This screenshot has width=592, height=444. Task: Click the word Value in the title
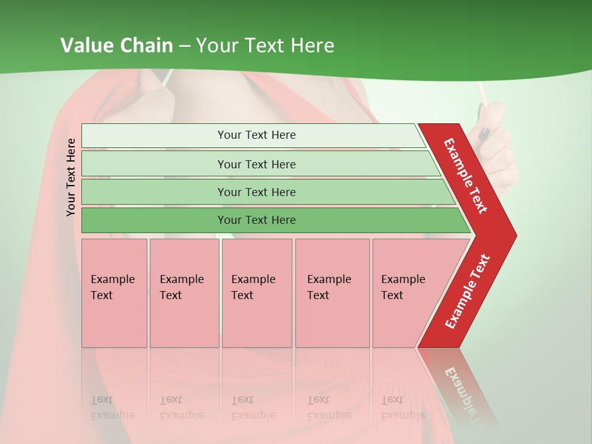[86, 46]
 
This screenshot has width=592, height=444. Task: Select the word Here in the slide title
[312, 46]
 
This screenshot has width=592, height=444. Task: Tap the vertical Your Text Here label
[71, 177]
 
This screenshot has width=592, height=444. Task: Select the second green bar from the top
[257, 164]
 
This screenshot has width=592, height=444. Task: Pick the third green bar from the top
[257, 192]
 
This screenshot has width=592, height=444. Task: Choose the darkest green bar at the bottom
[257, 220]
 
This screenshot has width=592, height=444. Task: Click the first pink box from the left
[114, 293]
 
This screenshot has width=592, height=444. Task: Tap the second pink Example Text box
[184, 293]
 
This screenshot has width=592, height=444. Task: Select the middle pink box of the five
[257, 293]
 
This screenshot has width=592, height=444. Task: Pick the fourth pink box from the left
[332, 293]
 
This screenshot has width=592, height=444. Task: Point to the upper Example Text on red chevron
[466, 176]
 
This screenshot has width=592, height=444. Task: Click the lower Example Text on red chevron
[467, 291]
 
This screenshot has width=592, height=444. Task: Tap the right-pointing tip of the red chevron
[513, 236]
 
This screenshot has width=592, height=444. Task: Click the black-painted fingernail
[484, 133]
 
